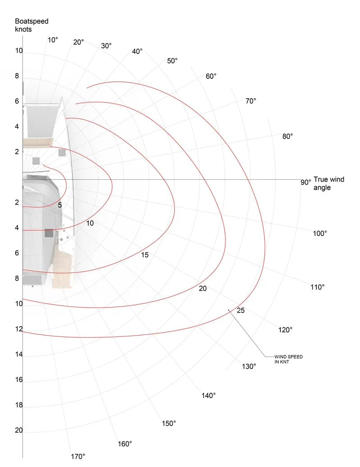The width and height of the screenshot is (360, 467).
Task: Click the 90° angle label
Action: point(306,182)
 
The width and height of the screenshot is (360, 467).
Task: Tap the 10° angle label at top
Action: point(53,40)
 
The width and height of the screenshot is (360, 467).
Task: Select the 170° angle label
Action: point(78,457)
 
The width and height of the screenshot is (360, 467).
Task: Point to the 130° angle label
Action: point(249,366)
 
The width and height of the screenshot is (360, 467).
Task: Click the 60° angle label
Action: point(211,76)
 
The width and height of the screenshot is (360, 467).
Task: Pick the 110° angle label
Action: point(317,287)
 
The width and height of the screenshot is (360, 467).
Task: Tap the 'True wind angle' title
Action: point(328,183)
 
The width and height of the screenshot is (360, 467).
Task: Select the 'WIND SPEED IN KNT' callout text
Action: point(288,359)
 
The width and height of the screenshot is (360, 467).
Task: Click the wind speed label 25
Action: point(240,310)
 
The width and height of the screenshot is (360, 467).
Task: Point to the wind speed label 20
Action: point(202,288)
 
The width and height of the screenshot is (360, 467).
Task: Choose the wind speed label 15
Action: point(144,255)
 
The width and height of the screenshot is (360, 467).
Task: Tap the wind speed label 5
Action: point(59,205)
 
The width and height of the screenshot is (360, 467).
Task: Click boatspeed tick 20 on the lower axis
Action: point(19,431)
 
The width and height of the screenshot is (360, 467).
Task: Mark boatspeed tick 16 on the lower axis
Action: point(19,380)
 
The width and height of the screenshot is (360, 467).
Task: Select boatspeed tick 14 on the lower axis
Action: point(19,355)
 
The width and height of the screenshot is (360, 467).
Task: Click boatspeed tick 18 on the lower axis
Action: point(19,405)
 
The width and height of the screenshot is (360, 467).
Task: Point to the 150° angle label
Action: point(169,423)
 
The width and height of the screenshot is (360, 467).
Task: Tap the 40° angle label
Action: point(137,51)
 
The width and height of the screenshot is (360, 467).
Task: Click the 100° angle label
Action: point(320,233)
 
